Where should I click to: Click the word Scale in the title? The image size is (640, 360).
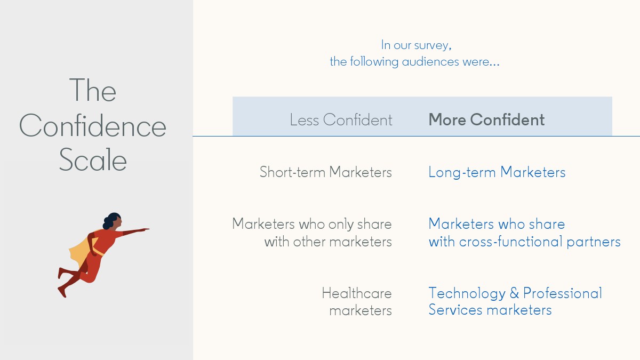(x=93, y=159)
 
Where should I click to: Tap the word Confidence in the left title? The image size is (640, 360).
(x=93, y=125)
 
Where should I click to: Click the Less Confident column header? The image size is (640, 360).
(x=341, y=119)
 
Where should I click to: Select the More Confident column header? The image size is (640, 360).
(x=486, y=119)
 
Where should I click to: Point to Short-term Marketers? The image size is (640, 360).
(x=326, y=172)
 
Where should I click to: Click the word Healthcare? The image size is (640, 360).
(x=357, y=293)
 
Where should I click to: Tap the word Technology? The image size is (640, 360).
(x=467, y=293)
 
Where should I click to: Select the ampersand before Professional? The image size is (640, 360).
(x=514, y=293)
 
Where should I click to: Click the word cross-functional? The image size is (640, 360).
(x=511, y=242)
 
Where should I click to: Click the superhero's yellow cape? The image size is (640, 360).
(x=80, y=251)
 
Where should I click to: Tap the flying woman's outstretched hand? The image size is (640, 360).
(x=145, y=229)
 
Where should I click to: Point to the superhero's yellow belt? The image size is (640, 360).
(x=97, y=253)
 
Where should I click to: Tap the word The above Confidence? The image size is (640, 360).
(x=93, y=90)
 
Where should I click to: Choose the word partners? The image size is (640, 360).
(x=594, y=242)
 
